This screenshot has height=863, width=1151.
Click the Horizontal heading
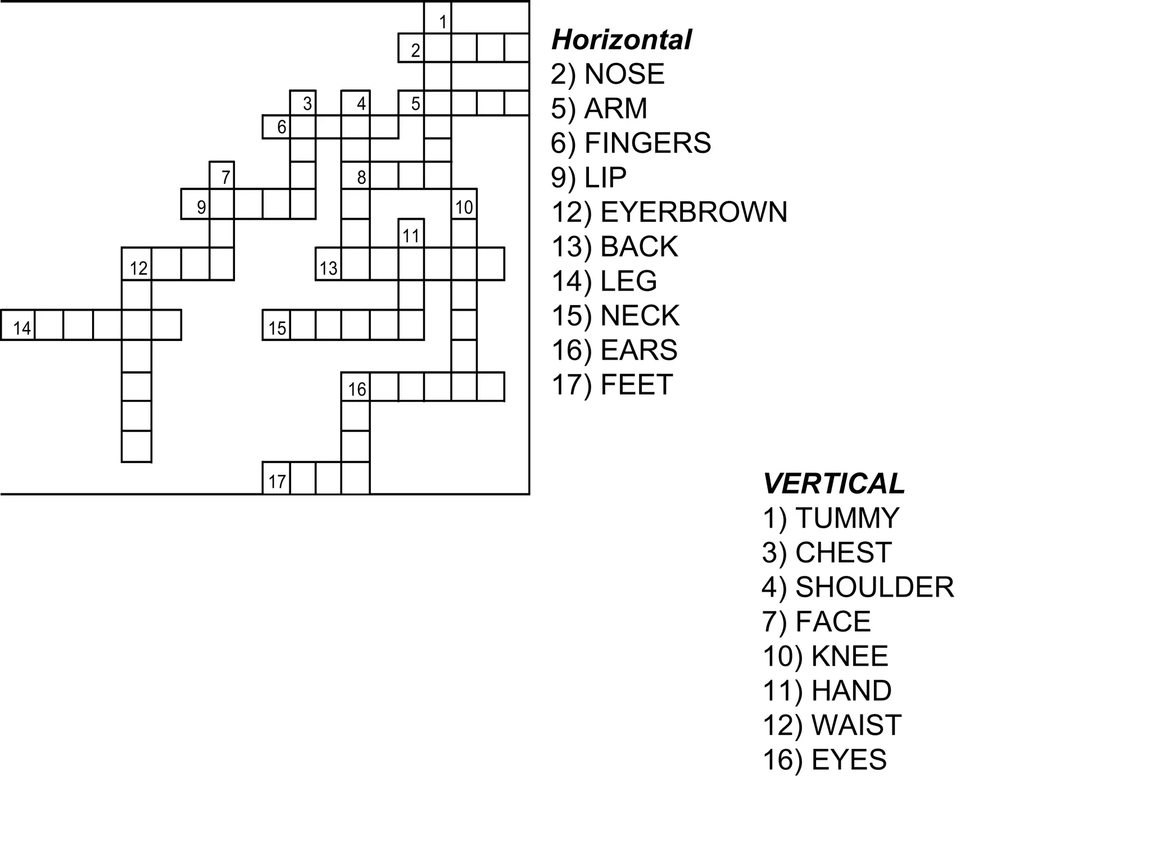(621, 40)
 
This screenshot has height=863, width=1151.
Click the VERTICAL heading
(833, 484)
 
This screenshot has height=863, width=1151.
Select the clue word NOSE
(624, 74)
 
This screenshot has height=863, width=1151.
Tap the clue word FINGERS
(647, 143)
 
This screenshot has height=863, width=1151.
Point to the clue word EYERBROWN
(694, 212)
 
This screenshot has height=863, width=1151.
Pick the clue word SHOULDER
(874, 588)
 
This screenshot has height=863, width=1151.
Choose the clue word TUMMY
(848, 519)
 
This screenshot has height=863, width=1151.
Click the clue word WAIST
(857, 725)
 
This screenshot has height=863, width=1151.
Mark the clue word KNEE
(850, 656)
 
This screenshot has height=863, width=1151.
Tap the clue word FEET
(636, 385)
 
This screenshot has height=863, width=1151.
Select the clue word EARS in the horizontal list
(638, 351)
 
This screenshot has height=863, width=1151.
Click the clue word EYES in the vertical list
(849, 760)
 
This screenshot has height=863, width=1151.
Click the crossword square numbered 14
(19, 325)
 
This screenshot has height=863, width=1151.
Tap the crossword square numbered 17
(277, 479)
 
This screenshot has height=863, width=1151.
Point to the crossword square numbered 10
(464, 205)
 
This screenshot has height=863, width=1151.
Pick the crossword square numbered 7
(222, 175)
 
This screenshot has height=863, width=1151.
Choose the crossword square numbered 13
(329, 265)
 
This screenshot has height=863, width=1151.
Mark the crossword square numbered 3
(303, 103)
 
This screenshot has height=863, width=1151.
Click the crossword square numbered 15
(277, 325)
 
